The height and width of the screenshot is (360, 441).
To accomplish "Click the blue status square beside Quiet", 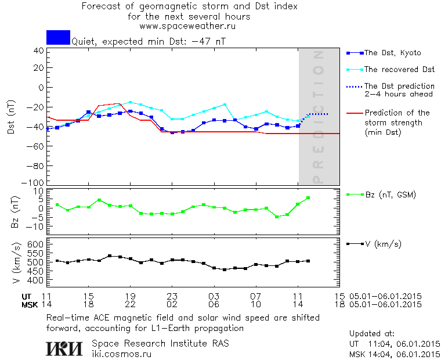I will click(58, 37).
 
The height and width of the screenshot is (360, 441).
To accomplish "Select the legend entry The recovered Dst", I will click(399, 69).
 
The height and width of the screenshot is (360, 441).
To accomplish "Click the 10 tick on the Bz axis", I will click(39, 191).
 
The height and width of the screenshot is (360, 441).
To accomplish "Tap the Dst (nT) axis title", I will click(12, 116).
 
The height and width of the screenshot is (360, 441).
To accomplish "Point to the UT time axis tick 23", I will click(172, 296).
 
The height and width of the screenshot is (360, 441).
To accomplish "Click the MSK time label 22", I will click(131, 304).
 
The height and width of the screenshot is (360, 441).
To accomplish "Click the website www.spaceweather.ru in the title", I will click(187, 26).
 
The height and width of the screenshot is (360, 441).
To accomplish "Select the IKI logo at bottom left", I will click(64, 348).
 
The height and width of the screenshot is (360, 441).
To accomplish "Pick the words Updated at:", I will click(372, 334).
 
